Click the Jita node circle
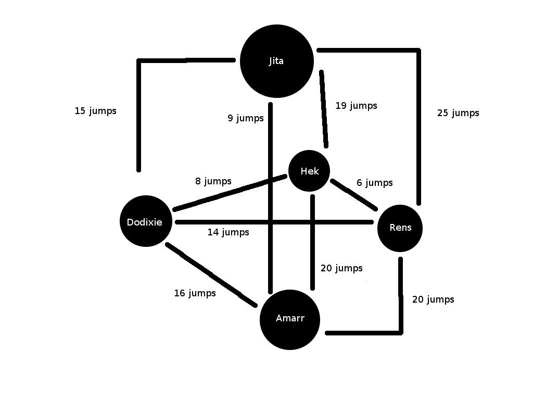276,61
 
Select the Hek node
309,171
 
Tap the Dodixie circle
145,221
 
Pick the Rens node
400,228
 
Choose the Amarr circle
289,319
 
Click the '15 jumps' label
95,111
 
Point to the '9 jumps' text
245,118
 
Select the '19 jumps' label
356,106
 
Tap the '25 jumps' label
458,113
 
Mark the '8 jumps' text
213,181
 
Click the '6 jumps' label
374,183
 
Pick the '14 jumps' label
228,232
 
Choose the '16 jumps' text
195,293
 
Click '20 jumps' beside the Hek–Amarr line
341,268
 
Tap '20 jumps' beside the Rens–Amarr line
433,299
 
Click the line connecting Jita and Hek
324,109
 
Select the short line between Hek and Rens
354,195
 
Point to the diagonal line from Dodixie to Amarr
211,274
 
